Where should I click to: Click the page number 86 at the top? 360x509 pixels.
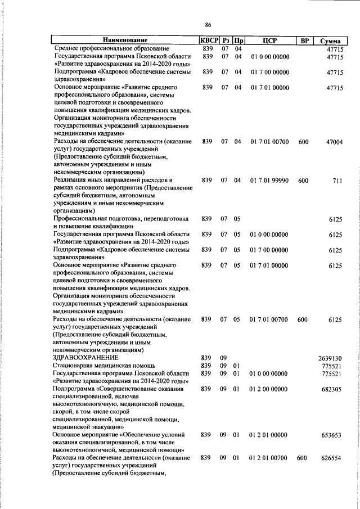(x=208, y=24)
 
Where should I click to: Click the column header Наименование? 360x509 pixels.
(x=125, y=40)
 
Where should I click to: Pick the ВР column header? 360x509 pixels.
(x=304, y=40)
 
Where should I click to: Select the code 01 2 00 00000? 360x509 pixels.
(x=269, y=389)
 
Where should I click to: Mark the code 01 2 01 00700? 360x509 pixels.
(x=269, y=458)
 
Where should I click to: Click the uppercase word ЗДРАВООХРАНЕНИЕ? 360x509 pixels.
(x=85, y=358)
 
